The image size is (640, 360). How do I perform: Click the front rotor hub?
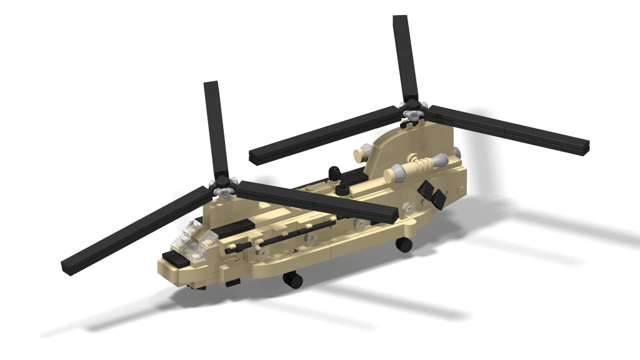coord(223,186)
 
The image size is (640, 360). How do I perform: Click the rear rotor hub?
coord(412,114)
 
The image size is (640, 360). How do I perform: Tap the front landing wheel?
coord(292,281)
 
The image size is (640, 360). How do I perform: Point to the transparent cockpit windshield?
coord(190,238)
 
